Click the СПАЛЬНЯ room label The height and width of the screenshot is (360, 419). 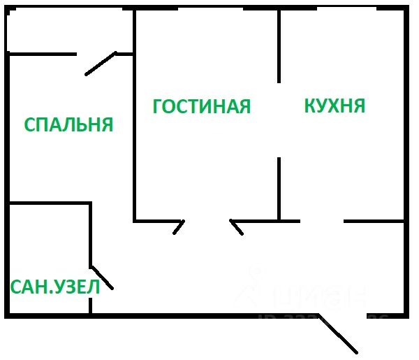68,124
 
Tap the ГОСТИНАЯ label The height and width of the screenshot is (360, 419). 201,106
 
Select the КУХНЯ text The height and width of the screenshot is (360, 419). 335,106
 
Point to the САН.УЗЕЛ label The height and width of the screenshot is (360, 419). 54,287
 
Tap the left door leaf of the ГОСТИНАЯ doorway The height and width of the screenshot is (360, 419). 179,226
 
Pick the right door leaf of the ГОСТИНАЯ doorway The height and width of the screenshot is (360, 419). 237,227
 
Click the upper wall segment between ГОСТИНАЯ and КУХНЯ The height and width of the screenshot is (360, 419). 279,45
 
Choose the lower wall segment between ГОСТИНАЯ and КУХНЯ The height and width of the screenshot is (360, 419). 279,189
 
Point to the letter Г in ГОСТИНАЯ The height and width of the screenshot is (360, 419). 158,106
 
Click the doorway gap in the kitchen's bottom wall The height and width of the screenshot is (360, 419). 322,221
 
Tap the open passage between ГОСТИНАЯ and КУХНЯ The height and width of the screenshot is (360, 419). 279,120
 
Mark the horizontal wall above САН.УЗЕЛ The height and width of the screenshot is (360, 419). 49,203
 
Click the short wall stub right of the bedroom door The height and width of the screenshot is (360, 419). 124,53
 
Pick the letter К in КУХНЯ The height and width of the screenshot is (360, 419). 309,106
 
